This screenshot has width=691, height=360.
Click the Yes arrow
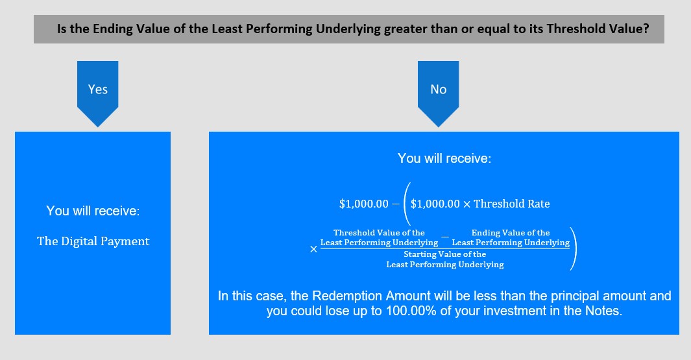coord(97,93)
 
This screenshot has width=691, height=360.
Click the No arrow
coord(438,93)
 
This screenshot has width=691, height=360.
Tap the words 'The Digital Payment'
coord(93,241)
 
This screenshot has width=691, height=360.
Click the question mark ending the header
coord(646,29)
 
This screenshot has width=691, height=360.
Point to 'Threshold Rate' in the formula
coord(512,204)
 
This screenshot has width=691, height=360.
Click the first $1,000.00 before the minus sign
coord(363,204)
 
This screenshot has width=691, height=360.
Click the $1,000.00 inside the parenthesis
coord(435,204)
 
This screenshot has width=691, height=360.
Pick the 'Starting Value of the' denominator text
coord(444,254)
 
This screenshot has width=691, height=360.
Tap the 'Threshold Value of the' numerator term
coord(379,233)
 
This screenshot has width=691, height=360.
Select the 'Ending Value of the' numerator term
coord(511,233)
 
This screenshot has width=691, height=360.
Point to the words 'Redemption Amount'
coord(371,296)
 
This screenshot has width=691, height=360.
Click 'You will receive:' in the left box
coord(93,211)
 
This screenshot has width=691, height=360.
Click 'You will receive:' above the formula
coord(444,158)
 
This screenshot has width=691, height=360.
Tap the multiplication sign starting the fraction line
coord(313,249)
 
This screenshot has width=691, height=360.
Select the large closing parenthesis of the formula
coord(573,248)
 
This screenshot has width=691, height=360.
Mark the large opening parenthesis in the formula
coord(407,204)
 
